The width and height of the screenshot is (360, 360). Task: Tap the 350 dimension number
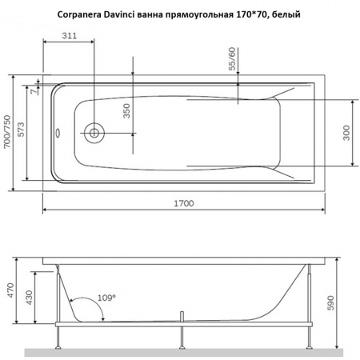coord(126,110)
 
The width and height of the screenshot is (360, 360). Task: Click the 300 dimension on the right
coord(346,133)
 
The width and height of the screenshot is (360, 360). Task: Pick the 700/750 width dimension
coord(7,133)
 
